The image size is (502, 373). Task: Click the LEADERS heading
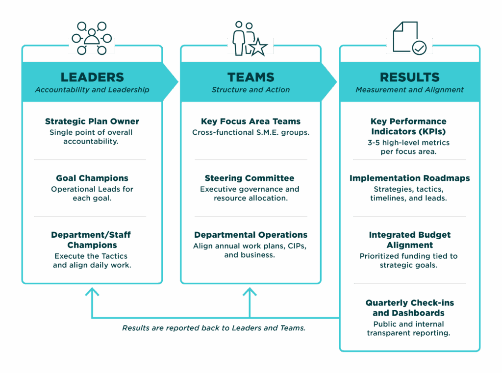92,77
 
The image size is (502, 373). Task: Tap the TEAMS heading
251,77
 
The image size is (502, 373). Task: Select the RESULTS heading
409,77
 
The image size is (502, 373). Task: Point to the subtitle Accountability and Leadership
92,90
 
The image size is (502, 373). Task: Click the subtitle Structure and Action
251,90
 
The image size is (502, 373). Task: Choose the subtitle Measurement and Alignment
409,90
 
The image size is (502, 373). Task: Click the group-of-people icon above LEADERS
92,39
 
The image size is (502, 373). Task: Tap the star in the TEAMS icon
258,47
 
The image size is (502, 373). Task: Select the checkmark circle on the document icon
419,48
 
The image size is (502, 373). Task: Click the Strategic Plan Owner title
92,122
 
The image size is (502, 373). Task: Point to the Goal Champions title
92,178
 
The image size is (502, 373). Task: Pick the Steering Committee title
251,178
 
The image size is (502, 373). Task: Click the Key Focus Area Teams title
251,122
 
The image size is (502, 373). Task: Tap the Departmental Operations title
251,235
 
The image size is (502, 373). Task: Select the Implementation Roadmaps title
409,178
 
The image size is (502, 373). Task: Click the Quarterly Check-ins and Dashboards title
409,308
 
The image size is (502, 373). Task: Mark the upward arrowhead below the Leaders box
92,292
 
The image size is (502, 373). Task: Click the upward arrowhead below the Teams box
250,292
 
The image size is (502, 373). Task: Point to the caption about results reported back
214,328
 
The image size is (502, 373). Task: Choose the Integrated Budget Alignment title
409,240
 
